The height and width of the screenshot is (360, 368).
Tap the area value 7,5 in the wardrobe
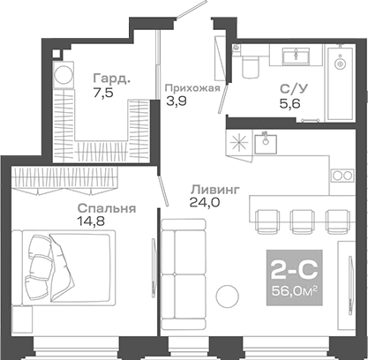pos(106,96)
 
